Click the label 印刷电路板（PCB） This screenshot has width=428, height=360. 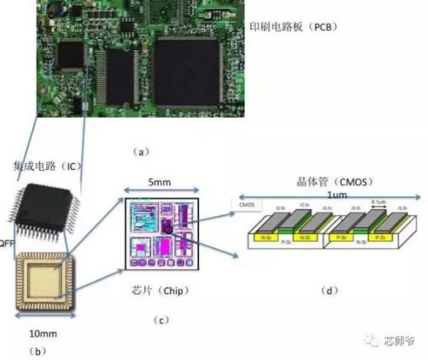293,27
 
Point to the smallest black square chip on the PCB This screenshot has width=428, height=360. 71,53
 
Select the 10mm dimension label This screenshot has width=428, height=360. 41,332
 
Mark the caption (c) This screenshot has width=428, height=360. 160,320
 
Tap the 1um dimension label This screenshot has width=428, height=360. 322,194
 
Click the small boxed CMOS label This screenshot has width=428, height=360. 245,203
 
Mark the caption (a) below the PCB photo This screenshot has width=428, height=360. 141,151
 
